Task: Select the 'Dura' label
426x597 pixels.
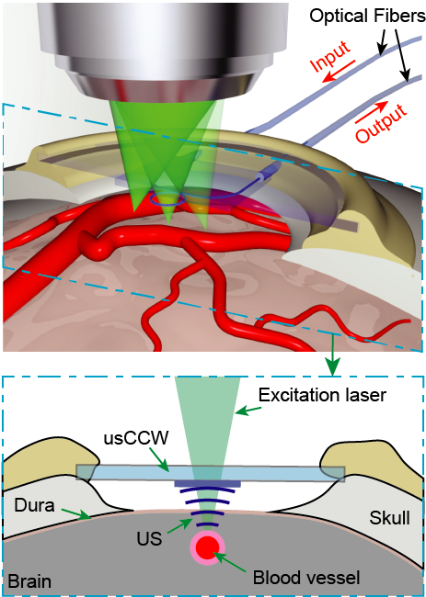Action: (33, 504)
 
